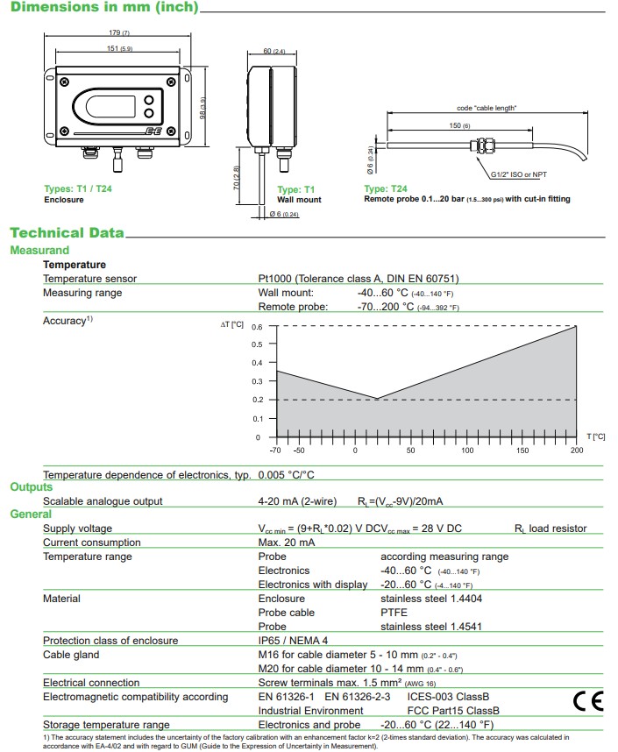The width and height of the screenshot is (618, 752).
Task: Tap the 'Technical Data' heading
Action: pyautogui.click(x=67, y=233)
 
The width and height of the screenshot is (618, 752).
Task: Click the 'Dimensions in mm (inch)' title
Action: pyautogui.click(x=103, y=8)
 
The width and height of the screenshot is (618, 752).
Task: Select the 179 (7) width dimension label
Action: pyautogui.click(x=119, y=32)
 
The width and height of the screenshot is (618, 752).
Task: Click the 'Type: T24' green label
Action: pyautogui.click(x=386, y=188)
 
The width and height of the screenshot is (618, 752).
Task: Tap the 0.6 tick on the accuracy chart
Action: pyautogui.click(x=257, y=327)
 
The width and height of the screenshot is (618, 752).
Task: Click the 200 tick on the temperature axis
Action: pyautogui.click(x=576, y=450)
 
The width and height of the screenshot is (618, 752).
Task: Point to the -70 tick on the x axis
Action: pyautogui.click(x=276, y=450)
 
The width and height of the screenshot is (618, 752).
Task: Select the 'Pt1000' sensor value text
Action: pyautogui.click(x=279, y=279)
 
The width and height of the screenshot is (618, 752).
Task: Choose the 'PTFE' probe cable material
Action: pyautogui.click(x=394, y=613)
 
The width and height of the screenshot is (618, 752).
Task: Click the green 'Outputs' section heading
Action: pyautogui.click(x=32, y=487)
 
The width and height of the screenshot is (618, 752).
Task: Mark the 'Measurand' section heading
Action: pyautogui.click(x=39, y=251)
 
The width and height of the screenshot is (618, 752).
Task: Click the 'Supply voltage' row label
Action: pyautogui.click(x=78, y=529)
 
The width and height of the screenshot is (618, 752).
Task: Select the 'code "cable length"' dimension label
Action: pyautogui.click(x=487, y=108)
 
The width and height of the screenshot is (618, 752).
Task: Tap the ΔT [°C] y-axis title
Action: pyautogui.click(x=231, y=325)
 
